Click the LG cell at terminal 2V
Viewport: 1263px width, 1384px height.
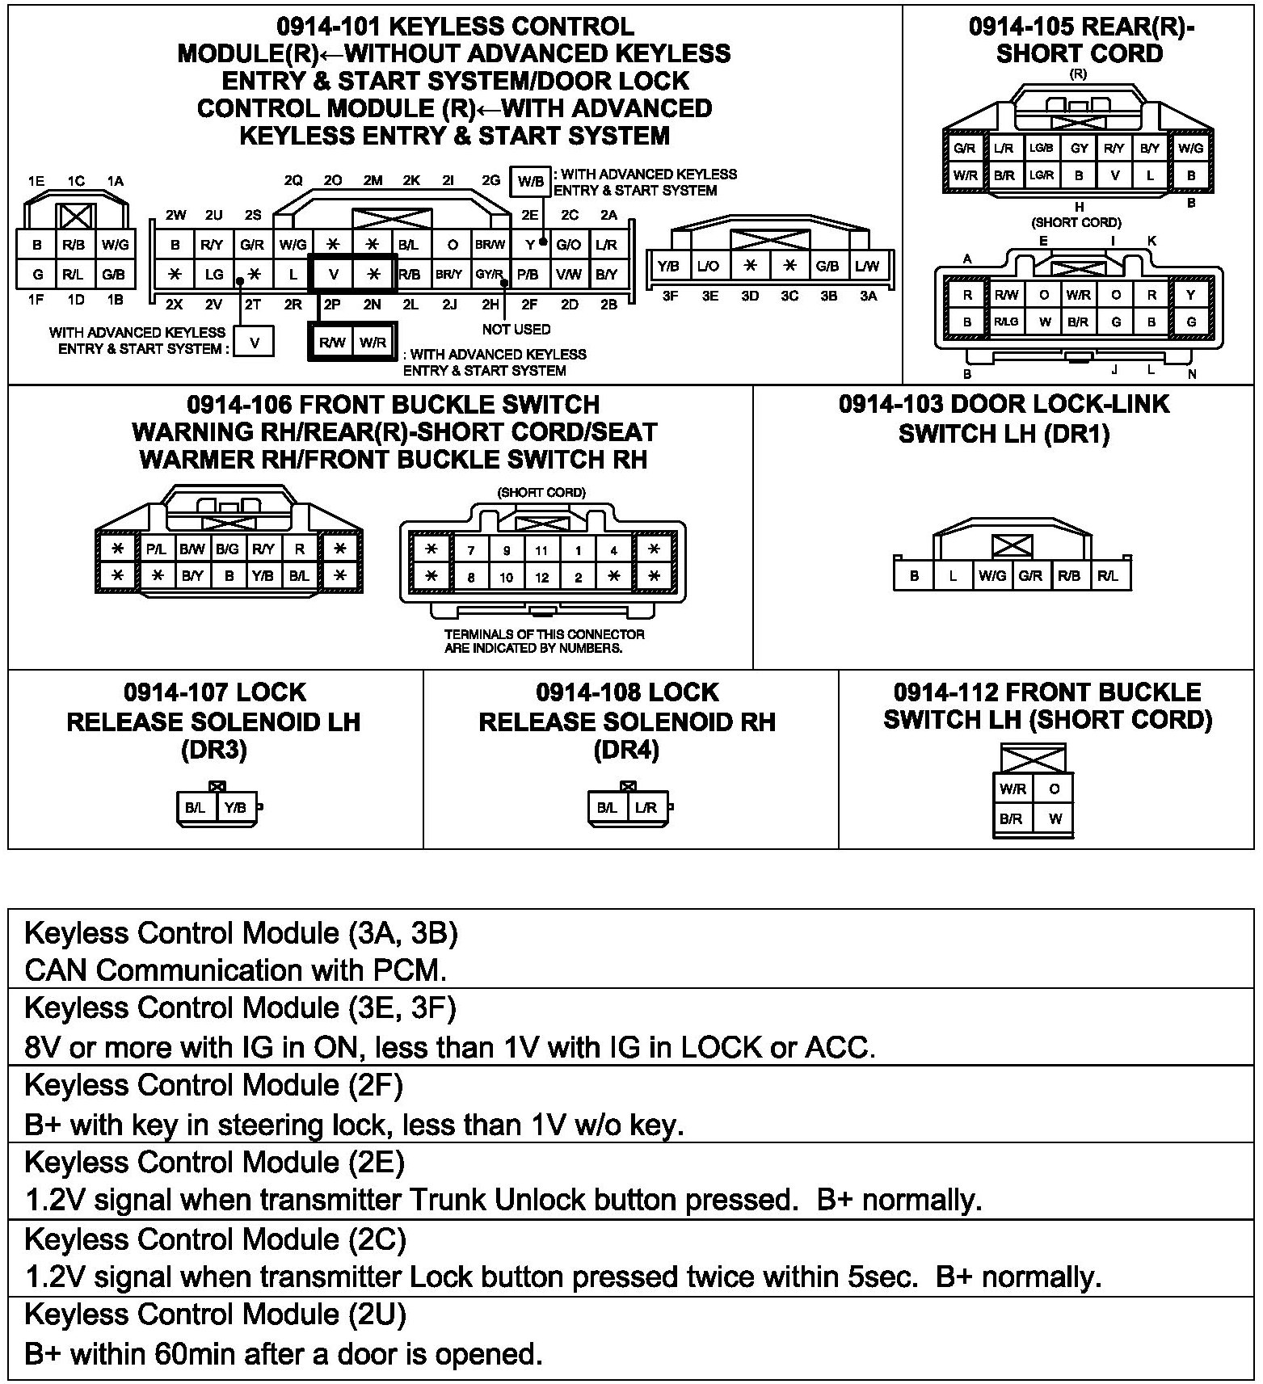point(213,275)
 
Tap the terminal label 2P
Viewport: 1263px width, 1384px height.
point(332,305)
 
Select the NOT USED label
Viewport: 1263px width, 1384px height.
point(516,329)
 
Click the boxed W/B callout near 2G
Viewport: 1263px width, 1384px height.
point(530,181)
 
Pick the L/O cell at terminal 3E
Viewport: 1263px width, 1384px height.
point(708,266)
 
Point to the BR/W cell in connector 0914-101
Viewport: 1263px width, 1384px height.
point(490,244)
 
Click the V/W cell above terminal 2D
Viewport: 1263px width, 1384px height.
point(568,275)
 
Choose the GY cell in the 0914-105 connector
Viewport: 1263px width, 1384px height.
point(1079,149)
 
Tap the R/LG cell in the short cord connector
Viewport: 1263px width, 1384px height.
point(1005,322)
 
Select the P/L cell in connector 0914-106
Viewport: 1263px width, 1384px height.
point(156,549)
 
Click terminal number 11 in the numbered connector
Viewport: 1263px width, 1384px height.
point(541,551)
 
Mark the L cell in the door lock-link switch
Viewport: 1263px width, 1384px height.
point(954,576)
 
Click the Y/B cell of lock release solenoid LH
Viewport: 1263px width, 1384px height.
point(236,807)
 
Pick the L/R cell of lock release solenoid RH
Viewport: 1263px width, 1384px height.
point(646,807)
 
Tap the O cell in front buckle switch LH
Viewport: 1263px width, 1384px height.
point(1055,789)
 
